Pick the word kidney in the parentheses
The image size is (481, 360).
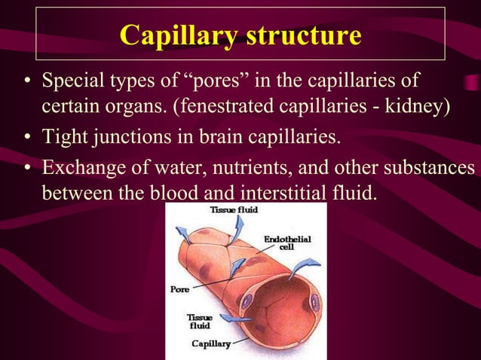point(421,103)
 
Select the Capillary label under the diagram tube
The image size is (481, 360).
point(210,343)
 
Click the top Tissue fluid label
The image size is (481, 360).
point(235,210)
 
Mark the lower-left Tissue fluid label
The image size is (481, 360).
point(199,322)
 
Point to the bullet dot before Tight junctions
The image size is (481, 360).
point(26,138)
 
